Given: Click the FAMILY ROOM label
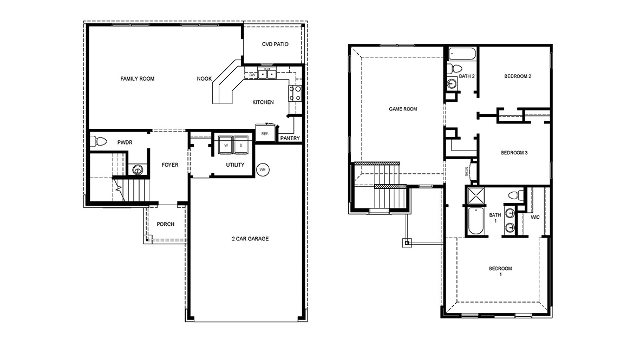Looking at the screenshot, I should tap(137, 79).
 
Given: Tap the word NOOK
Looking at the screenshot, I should tap(204, 79).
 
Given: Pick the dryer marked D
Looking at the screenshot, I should tap(240, 145).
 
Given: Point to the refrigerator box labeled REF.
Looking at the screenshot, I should tap(265, 133).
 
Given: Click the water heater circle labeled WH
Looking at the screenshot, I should tap(263, 169).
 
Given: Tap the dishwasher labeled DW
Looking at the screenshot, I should tap(252, 75).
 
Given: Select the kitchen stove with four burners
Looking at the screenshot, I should tap(296, 93).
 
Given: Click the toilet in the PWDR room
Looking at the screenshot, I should tap(101, 142).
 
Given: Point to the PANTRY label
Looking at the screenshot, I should tap(290, 139).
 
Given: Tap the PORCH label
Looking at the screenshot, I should tap(165, 224).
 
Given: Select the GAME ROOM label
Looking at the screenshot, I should tap(403, 109).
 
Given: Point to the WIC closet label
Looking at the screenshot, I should tap(535, 217).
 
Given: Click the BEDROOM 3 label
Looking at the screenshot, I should tap(514, 153).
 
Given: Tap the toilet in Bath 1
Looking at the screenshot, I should tap(516, 195).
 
